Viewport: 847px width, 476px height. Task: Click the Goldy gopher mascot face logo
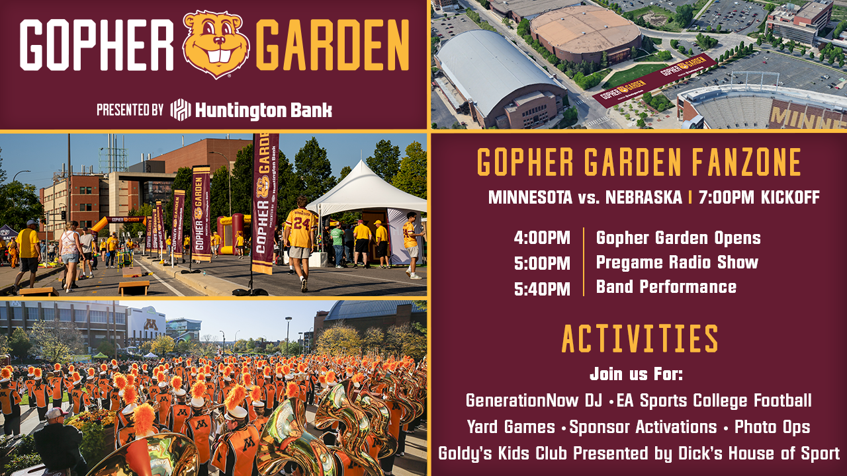(216, 44)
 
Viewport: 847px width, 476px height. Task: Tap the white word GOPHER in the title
(97, 45)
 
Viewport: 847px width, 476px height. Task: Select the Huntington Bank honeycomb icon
(180, 110)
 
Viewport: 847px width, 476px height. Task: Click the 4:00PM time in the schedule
(542, 238)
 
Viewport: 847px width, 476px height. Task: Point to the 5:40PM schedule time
(542, 289)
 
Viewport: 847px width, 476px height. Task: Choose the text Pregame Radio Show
(677, 262)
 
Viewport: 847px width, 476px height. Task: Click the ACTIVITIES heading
(639, 338)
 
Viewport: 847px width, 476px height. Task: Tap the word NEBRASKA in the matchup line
(644, 197)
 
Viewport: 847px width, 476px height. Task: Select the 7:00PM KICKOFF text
(759, 197)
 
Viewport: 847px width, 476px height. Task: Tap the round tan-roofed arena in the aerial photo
(586, 33)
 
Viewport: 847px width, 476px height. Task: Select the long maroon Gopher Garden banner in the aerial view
(654, 81)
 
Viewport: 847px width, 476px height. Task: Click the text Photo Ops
(772, 427)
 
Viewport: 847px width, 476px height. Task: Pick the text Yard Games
(512, 427)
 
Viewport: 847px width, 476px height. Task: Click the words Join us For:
(636, 374)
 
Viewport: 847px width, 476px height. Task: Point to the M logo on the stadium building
(151, 325)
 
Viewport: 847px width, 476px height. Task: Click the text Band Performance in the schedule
(666, 287)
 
